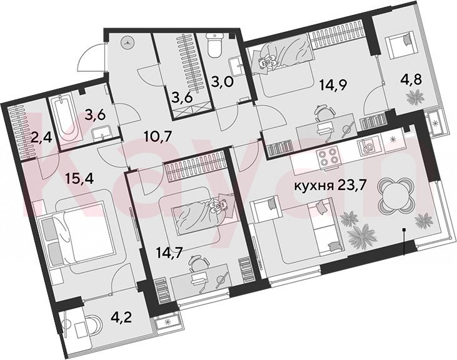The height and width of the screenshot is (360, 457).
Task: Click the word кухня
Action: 314,185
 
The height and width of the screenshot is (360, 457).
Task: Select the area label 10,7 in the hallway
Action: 158,136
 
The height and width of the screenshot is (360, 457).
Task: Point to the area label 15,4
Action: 79,178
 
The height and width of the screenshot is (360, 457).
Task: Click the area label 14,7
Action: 169,252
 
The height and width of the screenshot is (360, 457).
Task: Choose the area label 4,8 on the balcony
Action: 412,79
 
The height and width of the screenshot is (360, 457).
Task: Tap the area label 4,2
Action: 121,317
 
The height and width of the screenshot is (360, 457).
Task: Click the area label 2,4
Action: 42,137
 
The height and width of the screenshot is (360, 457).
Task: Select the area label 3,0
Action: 223,82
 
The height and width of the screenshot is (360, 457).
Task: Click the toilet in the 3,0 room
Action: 215,45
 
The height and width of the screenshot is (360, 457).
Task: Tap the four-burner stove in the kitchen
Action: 329,157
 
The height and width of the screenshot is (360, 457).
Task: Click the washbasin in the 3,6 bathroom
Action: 102,132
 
